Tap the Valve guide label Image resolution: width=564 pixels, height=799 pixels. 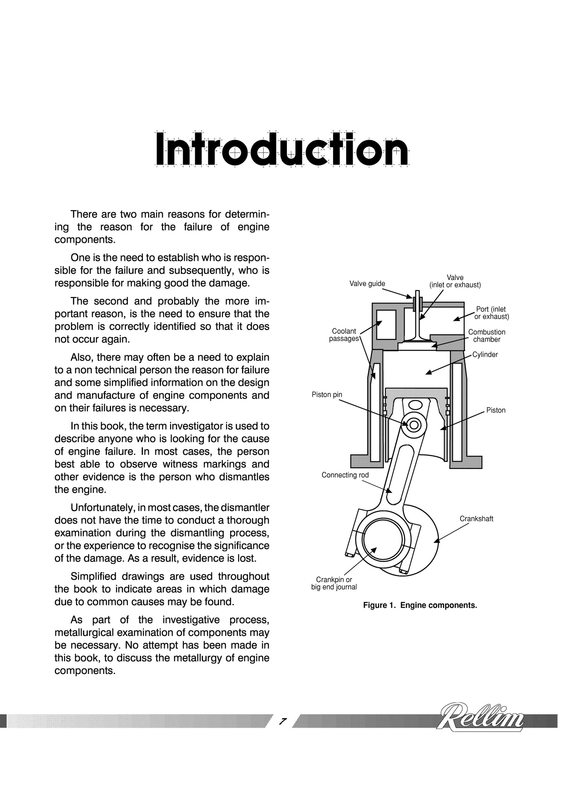(367, 283)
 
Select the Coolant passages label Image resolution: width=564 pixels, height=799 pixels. (344, 335)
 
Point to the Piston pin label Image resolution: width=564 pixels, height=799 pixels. (327, 395)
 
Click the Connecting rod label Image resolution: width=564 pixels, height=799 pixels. (345, 475)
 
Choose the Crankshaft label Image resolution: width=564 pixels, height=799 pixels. (476, 519)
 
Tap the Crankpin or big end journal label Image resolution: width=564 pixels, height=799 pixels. (334, 583)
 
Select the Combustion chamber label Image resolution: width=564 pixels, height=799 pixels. (487, 336)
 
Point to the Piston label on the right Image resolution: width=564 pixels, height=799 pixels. (496, 410)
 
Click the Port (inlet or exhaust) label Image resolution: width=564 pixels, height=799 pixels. (491, 313)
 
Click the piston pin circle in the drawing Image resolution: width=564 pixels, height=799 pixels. (414, 425)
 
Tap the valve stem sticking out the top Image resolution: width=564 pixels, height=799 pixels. (417, 295)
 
